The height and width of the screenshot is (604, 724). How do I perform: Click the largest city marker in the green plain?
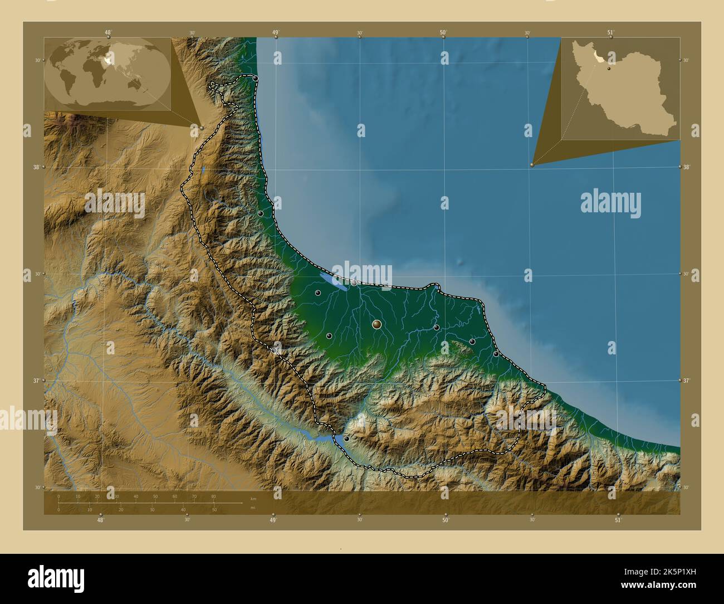click(377, 324)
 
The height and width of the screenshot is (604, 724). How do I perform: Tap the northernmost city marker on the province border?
click(255, 79)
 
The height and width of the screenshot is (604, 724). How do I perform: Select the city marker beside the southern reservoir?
click(346, 439)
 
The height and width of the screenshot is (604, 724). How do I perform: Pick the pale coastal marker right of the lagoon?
click(354, 283)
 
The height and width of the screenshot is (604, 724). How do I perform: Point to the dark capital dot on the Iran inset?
click(609, 69)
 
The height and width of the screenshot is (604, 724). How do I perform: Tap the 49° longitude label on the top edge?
click(275, 32)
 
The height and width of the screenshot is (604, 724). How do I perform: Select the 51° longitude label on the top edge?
click(611, 32)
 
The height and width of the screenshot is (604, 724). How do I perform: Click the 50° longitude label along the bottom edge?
click(446, 520)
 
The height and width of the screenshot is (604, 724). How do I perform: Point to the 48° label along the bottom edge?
click(100, 520)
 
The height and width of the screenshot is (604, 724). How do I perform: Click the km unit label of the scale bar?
click(253, 498)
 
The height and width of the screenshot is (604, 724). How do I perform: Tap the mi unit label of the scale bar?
click(253, 507)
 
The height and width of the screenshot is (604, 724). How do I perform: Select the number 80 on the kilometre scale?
click(213, 496)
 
